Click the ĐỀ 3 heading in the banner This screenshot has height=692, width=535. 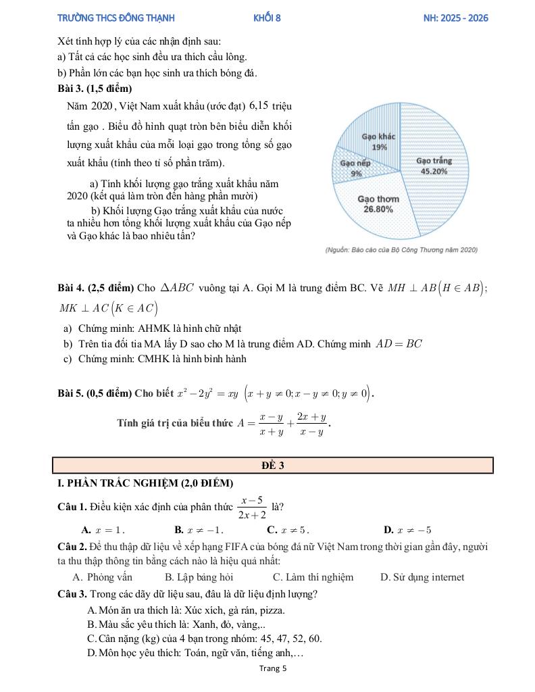pos(272,466)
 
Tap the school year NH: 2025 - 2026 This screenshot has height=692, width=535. pos(452,18)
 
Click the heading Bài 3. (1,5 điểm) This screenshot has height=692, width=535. pos(95,89)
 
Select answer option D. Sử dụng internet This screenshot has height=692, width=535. pos(422,577)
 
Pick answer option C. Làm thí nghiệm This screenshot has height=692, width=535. pos(313,577)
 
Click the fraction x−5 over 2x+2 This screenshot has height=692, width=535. pos(251,508)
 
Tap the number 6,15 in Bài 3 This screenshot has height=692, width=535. pos(259,105)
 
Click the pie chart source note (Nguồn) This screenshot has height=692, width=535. pos(401,250)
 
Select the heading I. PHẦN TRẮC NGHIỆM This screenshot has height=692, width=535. pos(146,483)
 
